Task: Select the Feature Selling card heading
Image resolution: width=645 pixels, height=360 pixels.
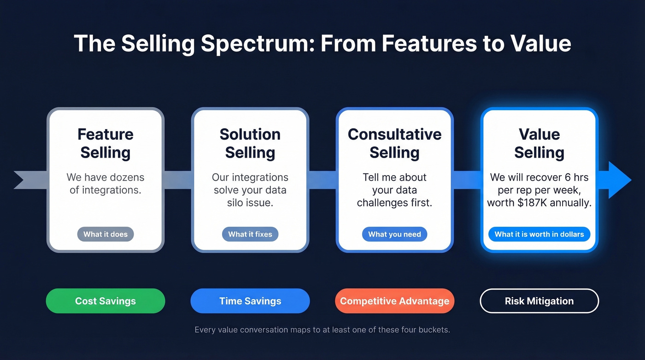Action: point(106,143)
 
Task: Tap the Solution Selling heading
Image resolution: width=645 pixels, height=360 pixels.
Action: point(250,143)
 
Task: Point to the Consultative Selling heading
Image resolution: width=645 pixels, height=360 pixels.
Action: point(394,143)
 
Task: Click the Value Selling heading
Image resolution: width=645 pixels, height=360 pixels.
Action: point(539,143)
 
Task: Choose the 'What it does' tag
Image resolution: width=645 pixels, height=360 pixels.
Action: point(106,234)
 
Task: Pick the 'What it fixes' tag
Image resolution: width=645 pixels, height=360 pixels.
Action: point(250,234)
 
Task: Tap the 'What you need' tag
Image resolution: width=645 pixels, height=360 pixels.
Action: point(394,234)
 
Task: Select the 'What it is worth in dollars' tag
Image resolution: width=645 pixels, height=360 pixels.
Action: point(539,234)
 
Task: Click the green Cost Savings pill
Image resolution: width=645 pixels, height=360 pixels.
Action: point(106,301)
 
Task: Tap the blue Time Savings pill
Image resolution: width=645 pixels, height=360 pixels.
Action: point(250,301)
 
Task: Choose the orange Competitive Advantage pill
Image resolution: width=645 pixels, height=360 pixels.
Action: point(394,301)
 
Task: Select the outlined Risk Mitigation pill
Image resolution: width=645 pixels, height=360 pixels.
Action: point(539,301)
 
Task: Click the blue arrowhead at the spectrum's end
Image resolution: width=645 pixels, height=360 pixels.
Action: point(619,180)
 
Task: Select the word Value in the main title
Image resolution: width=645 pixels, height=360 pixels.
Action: point(541,43)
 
